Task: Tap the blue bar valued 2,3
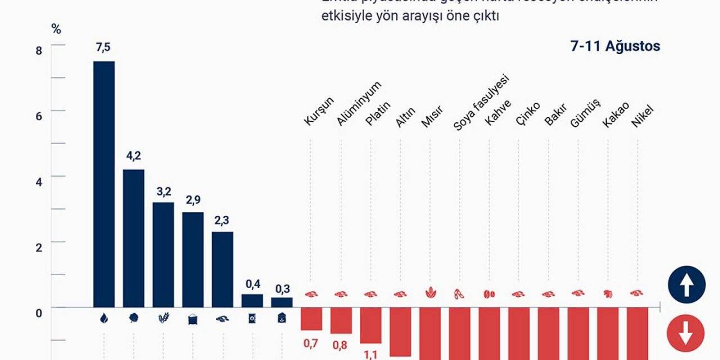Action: [222, 269]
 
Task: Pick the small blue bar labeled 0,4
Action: [252, 300]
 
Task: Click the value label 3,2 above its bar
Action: [164, 192]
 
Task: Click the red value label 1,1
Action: [371, 354]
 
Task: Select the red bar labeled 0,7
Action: [311, 318]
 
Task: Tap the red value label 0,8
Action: [341, 345]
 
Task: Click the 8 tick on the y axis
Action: [39, 51]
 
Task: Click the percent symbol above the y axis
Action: [56, 30]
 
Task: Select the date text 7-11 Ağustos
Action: [615, 47]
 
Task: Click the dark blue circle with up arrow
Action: [686, 285]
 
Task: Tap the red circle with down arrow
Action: [685, 334]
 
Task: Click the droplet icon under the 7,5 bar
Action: [103, 318]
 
